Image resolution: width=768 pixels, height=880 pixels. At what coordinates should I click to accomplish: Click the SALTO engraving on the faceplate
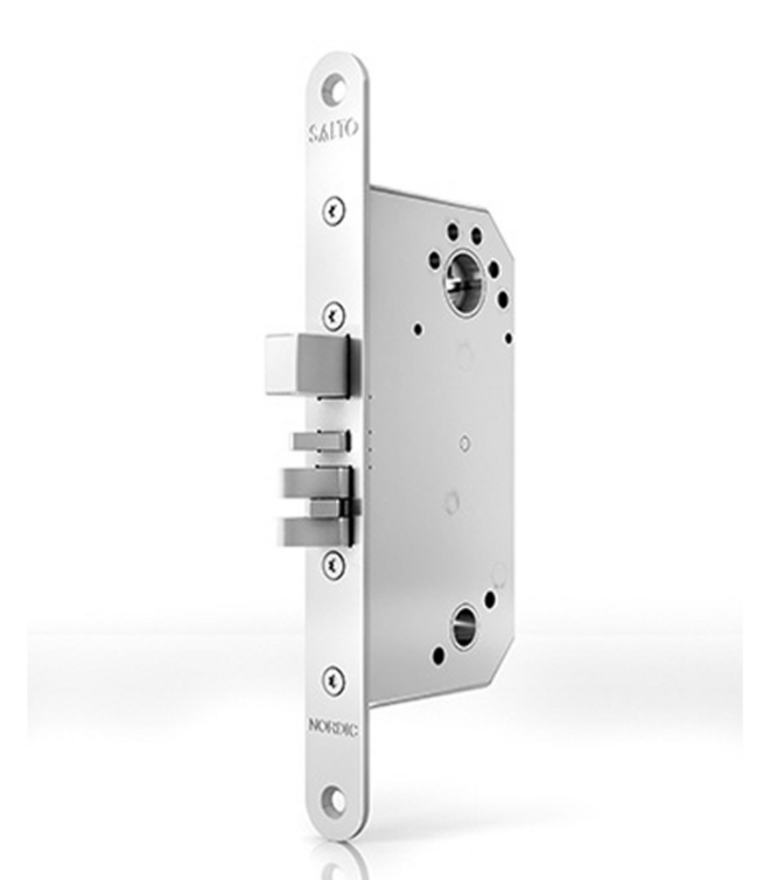point(333,131)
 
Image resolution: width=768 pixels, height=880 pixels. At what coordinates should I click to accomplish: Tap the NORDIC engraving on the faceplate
point(333,727)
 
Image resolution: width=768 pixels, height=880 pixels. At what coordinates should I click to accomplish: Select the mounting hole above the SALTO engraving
point(334,88)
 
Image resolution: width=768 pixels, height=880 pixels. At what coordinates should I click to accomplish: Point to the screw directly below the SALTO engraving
point(334,209)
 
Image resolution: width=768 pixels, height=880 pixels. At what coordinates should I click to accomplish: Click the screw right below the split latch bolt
point(334,564)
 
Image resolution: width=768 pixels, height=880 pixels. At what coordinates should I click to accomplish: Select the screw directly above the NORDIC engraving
point(334,681)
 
